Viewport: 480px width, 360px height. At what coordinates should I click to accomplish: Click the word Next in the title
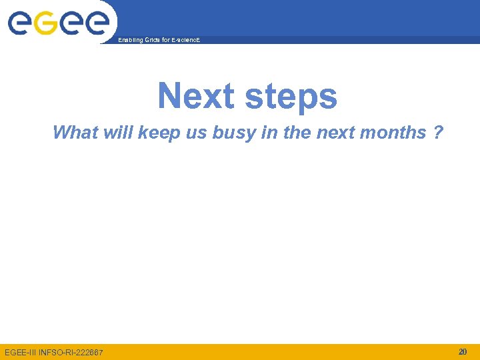coord(197,96)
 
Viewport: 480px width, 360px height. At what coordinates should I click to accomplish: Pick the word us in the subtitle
coord(196,133)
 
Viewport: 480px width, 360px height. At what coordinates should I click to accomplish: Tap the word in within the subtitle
coord(269,132)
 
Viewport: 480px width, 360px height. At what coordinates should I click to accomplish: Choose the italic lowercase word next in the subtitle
coord(335,132)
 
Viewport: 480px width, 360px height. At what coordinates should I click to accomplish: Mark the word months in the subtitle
coord(392,132)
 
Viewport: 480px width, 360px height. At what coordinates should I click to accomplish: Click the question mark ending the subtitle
coord(437,132)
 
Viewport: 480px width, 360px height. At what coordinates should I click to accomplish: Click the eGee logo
coord(58,23)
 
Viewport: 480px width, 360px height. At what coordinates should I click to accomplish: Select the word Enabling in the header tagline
coord(129,41)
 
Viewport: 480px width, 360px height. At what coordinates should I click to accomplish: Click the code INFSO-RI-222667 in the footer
coord(72,352)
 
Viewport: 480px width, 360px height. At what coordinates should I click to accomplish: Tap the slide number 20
coord(463,351)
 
